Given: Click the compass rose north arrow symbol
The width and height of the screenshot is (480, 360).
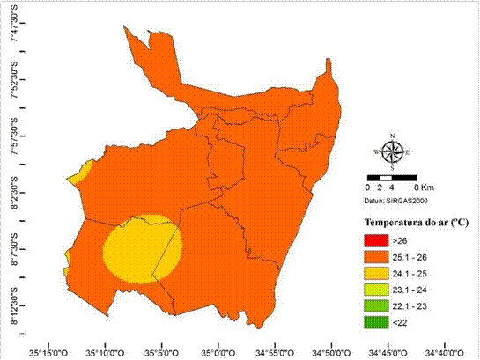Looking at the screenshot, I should coord(392,151).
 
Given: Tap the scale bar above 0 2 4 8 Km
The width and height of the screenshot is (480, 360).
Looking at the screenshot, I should coord(392,178).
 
